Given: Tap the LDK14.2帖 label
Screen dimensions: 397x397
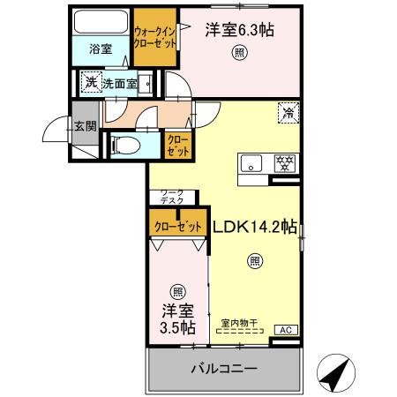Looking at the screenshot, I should tap(255, 226).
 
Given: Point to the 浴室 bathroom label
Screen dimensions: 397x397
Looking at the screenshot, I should tap(101, 50).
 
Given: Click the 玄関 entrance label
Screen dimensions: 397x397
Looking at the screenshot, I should tap(85, 126).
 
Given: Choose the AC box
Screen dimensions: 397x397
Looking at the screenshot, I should tap(285, 329).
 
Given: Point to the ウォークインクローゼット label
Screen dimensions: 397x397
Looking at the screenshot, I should tap(154, 39).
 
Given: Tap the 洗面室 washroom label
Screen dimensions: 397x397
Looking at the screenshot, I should tap(119, 84).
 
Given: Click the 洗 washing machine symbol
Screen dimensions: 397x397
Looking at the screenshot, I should tap(89, 83).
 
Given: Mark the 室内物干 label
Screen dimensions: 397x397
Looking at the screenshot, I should tap(240, 325).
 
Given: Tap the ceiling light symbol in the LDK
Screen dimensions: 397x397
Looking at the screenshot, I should tap(254, 260).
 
